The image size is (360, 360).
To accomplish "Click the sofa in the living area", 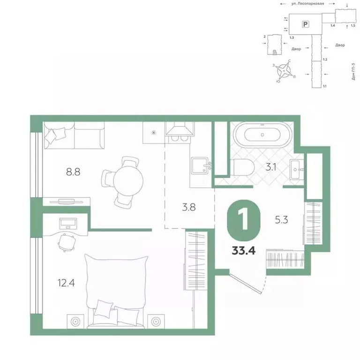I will coord(75,136).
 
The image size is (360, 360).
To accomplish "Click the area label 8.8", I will coord(73,172).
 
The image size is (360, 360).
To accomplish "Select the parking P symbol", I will coord(305,23).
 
